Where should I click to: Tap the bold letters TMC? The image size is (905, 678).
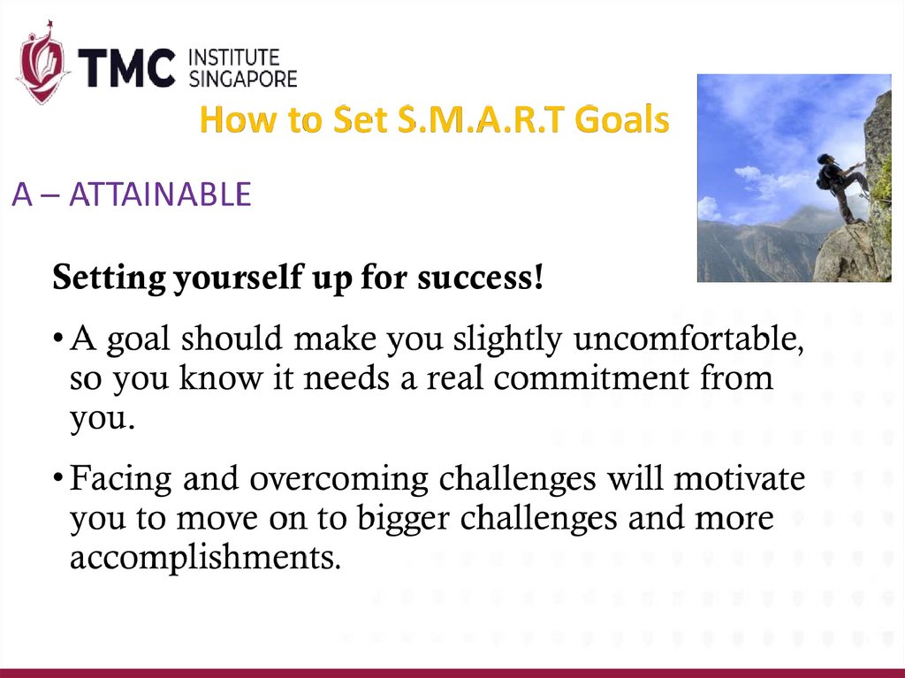(x=126, y=67)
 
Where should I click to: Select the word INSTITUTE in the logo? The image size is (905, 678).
(x=234, y=57)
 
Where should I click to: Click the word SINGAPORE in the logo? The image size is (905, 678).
(x=243, y=79)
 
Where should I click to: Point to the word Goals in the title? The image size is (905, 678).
(x=622, y=119)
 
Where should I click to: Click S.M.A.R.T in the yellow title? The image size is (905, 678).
(x=482, y=119)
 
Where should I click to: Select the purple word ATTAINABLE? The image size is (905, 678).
(x=161, y=194)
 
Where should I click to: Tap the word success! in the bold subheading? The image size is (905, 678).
(x=480, y=278)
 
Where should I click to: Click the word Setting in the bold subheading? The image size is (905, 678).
(x=109, y=278)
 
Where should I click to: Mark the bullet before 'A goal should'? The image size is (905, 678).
(x=57, y=338)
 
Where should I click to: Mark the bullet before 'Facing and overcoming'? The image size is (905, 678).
(x=57, y=477)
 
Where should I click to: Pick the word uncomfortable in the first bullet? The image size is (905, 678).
(x=688, y=339)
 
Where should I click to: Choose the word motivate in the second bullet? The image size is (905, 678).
(x=740, y=479)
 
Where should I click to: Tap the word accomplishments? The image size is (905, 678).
(x=205, y=558)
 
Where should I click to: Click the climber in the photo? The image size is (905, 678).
(x=841, y=187)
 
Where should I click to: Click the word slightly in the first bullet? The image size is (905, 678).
(x=506, y=339)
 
